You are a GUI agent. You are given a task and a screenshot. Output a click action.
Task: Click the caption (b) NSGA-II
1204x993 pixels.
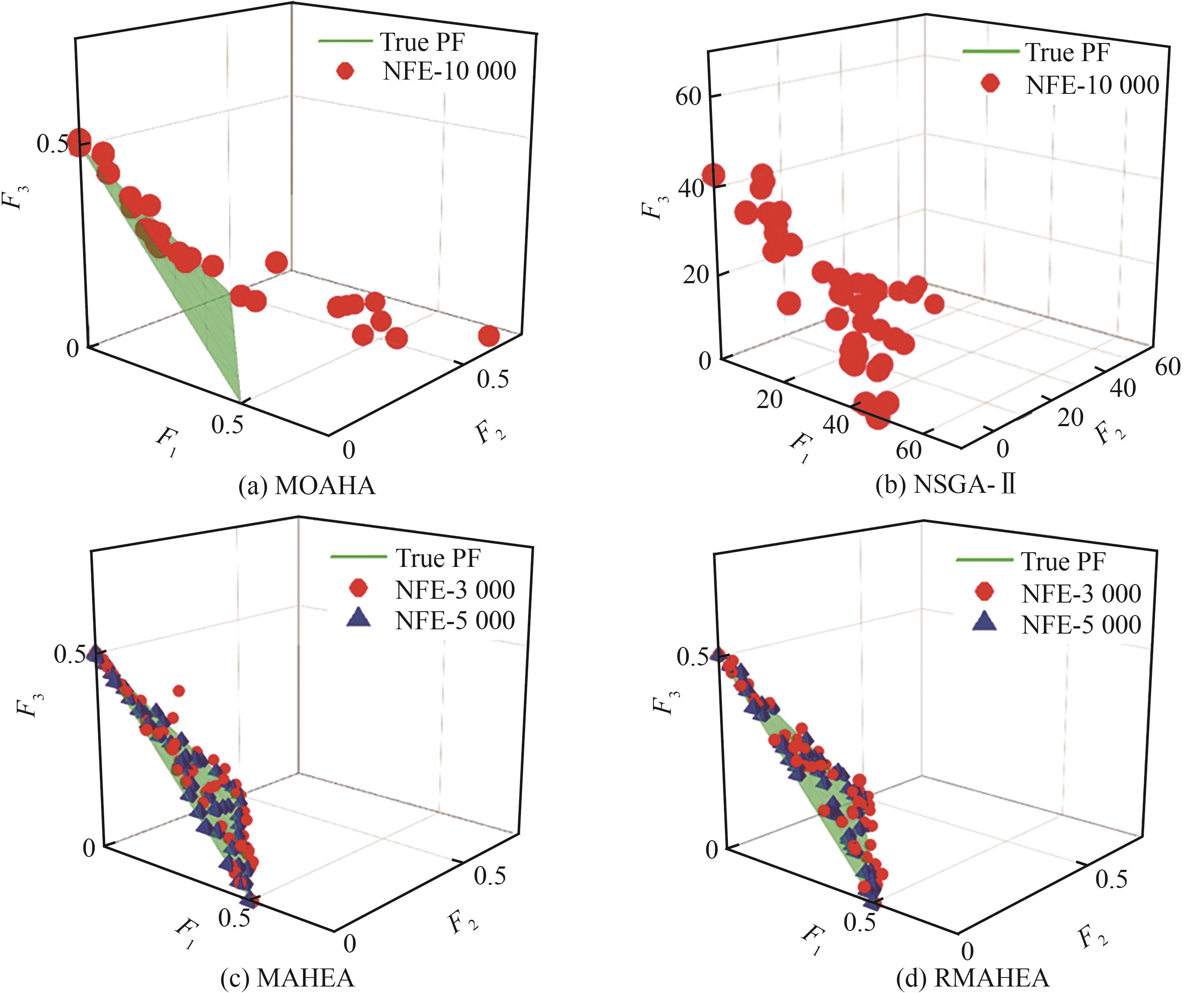click(x=945, y=485)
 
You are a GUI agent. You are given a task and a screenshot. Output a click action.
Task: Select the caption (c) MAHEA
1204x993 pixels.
click(x=287, y=978)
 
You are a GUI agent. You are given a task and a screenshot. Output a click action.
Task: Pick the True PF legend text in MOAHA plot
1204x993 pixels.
click(x=422, y=42)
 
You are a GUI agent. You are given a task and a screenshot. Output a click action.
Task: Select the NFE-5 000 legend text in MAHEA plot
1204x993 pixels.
click(x=455, y=621)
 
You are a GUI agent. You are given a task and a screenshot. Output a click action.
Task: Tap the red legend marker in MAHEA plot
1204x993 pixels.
click(x=359, y=588)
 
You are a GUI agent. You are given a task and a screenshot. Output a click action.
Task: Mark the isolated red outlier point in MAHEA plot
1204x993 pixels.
click(x=179, y=691)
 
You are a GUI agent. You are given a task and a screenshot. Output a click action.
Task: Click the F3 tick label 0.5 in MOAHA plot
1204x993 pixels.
click(x=52, y=144)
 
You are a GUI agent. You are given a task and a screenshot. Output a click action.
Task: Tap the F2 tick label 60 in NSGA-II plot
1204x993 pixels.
click(x=1167, y=367)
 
